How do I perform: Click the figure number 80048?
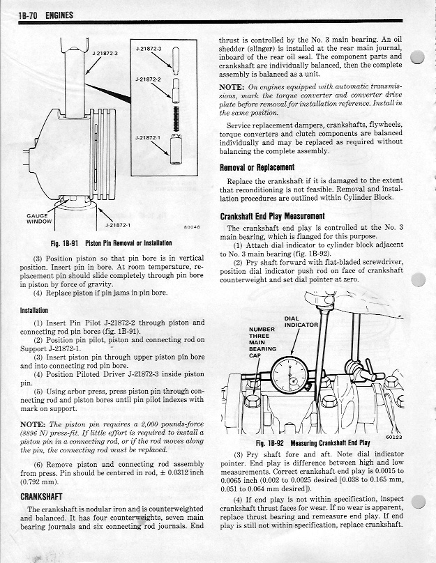pos(191,227)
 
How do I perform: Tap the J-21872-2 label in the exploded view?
pos(150,79)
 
